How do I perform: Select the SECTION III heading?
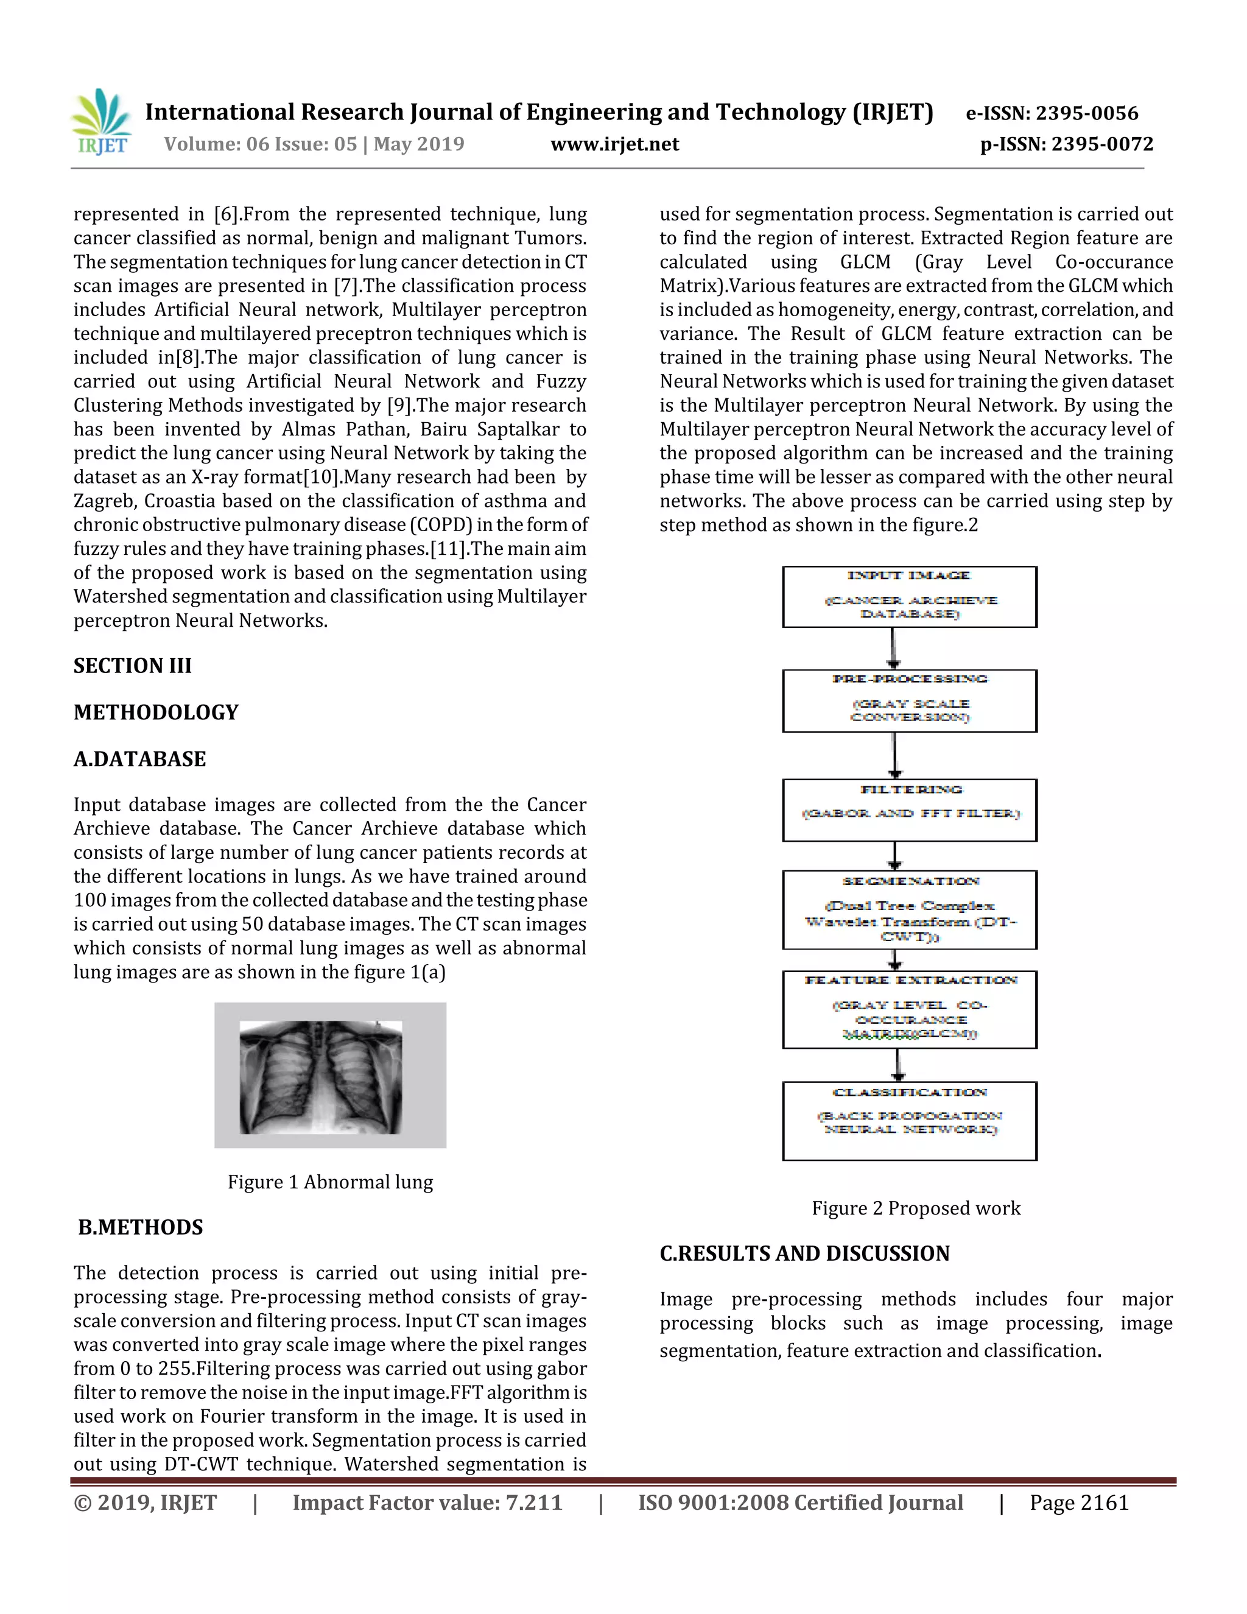pyautogui.click(x=132, y=666)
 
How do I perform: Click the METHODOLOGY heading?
pyautogui.click(x=156, y=713)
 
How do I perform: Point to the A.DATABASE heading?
pyautogui.click(x=139, y=759)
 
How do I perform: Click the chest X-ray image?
pyautogui.click(x=321, y=1077)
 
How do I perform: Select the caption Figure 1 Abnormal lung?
pyautogui.click(x=330, y=1182)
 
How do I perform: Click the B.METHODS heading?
pyautogui.click(x=141, y=1227)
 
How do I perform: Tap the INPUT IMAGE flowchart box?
pyautogui.click(x=910, y=597)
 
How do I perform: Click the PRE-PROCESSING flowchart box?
pyautogui.click(x=910, y=700)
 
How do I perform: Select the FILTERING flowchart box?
pyautogui.click(x=910, y=810)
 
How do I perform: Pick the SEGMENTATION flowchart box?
pyautogui.click(x=910, y=910)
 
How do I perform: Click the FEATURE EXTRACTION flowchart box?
pyautogui.click(x=910, y=1009)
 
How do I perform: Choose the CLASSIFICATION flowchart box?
pyautogui.click(x=910, y=1121)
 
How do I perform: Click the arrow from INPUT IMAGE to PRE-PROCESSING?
pyautogui.click(x=893, y=649)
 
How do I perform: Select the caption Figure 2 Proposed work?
pyautogui.click(x=916, y=1208)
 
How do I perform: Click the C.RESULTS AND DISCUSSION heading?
pyautogui.click(x=804, y=1253)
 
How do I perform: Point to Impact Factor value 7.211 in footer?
pyautogui.click(x=427, y=1503)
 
